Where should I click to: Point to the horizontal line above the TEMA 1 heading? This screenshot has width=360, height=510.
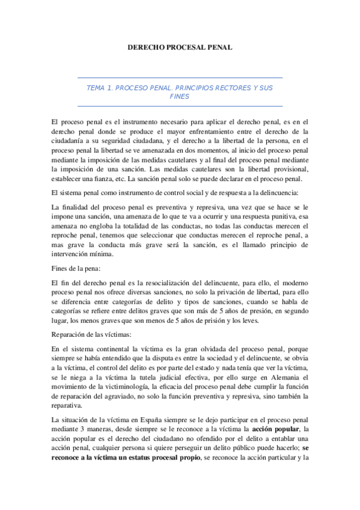click(180, 78)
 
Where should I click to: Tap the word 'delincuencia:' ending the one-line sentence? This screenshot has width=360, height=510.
click(284, 192)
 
